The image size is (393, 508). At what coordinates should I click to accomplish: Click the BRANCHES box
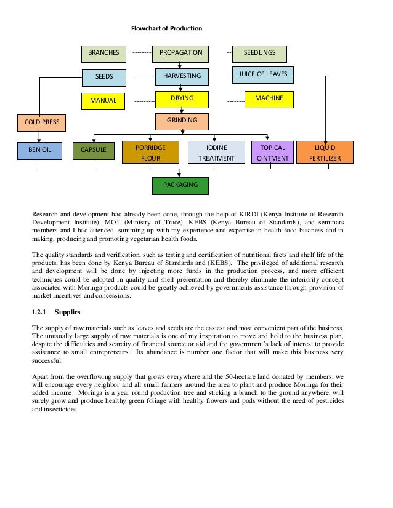(x=103, y=54)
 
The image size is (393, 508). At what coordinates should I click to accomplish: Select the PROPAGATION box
(x=180, y=54)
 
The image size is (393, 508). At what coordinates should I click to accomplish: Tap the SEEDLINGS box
(x=259, y=54)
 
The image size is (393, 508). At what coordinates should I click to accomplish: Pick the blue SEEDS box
(x=103, y=77)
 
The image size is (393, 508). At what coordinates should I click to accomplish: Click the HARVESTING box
(x=181, y=77)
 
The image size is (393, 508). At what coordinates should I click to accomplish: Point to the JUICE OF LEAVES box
(x=262, y=75)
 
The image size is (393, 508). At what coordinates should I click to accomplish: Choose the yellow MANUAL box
(x=103, y=100)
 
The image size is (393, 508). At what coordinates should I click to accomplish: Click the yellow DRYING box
(x=182, y=99)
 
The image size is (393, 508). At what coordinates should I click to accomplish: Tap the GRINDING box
(x=182, y=121)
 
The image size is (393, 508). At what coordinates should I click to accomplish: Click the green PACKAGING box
(x=180, y=185)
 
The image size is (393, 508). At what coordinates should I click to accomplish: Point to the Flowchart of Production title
(x=166, y=28)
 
